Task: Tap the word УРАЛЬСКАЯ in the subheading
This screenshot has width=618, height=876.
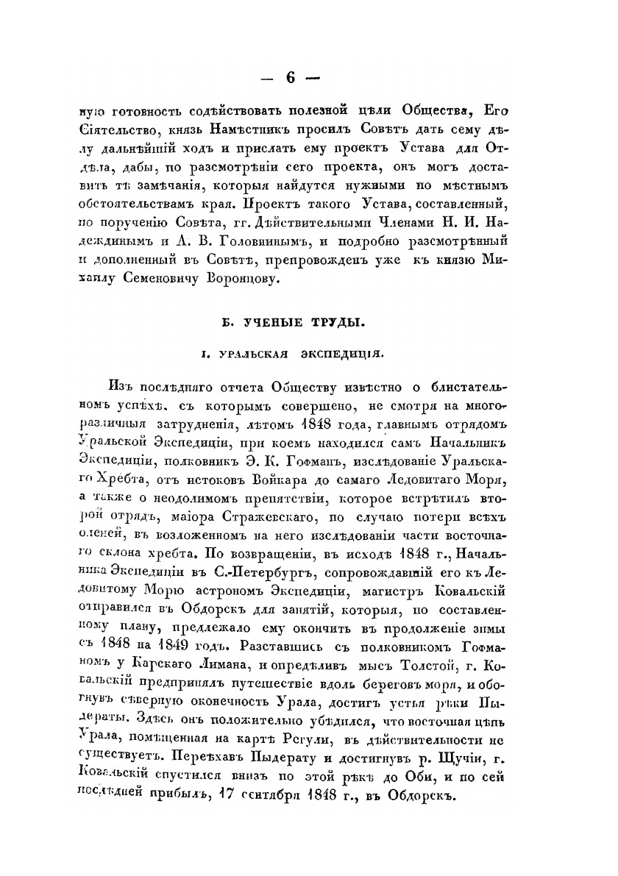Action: pos(248,354)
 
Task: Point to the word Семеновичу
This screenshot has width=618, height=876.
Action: pos(158,279)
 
